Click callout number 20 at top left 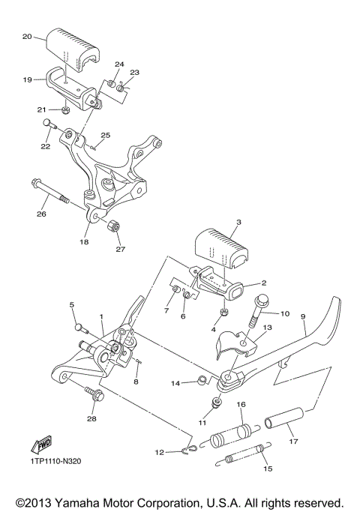[27, 36]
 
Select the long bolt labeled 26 [50, 191]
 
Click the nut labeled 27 [115, 226]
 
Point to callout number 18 [85, 242]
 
